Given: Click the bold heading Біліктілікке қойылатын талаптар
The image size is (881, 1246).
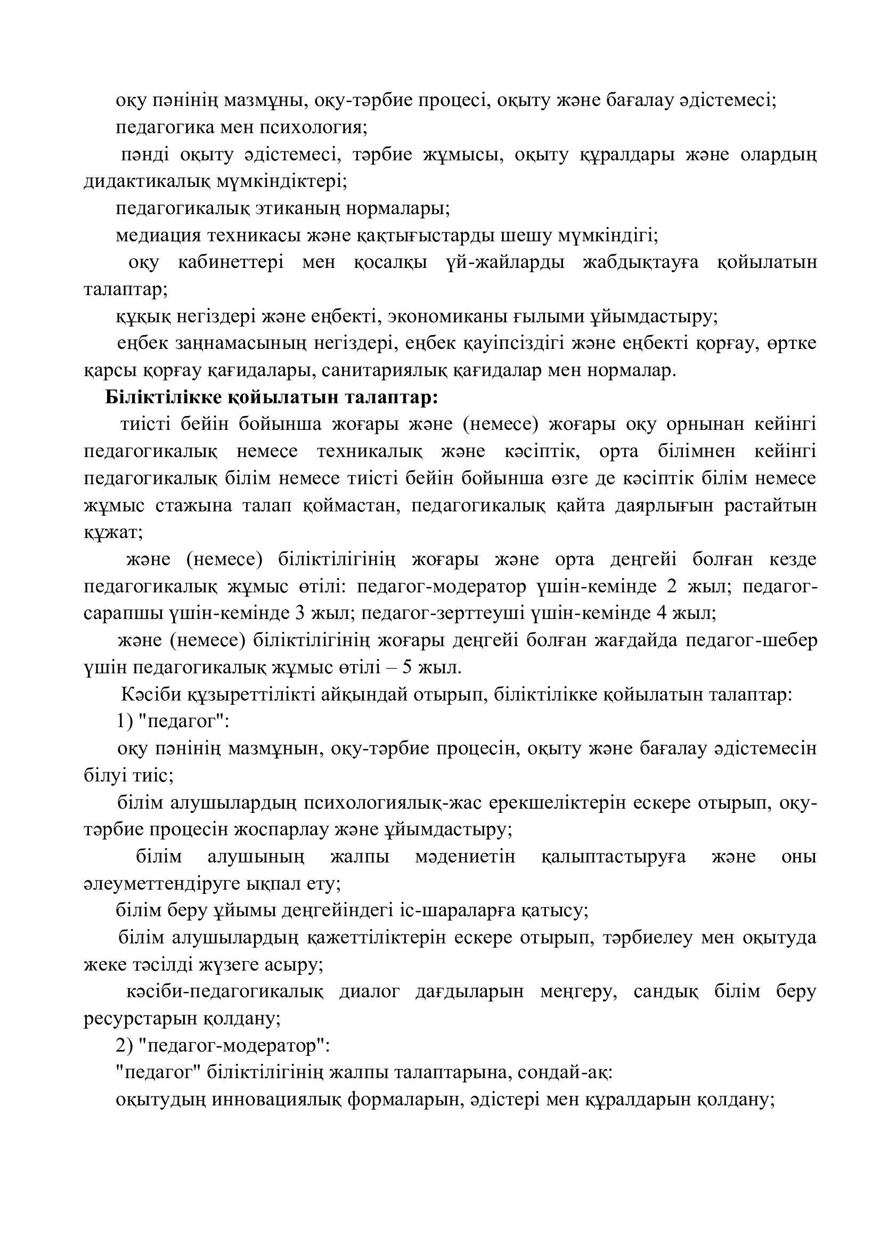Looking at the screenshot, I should [x=271, y=398].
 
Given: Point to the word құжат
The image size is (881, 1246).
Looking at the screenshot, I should [x=113, y=533].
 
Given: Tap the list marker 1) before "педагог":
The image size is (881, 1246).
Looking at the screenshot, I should [x=125, y=722].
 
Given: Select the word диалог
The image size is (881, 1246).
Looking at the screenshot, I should [x=370, y=991].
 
